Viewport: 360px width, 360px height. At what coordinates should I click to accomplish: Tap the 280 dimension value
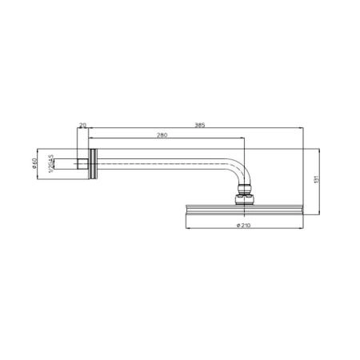[163, 135]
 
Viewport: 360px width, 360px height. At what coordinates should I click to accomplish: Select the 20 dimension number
[82, 125]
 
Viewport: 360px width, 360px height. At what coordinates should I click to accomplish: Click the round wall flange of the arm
[95, 163]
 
